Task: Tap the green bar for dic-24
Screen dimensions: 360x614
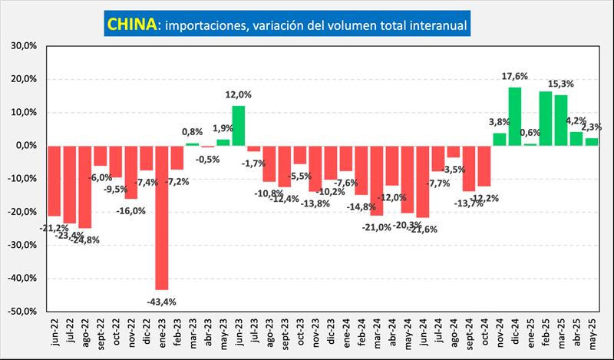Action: (x=514, y=116)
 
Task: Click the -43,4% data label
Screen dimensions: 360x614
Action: (x=161, y=302)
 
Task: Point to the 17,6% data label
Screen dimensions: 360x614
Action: (x=515, y=76)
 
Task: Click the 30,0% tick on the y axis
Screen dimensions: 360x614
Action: (x=25, y=46)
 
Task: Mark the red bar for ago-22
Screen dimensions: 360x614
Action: (x=84, y=187)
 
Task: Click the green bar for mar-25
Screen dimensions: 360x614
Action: (x=560, y=120)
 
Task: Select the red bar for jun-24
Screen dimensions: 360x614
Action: (x=422, y=181)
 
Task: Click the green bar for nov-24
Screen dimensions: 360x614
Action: (x=499, y=139)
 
